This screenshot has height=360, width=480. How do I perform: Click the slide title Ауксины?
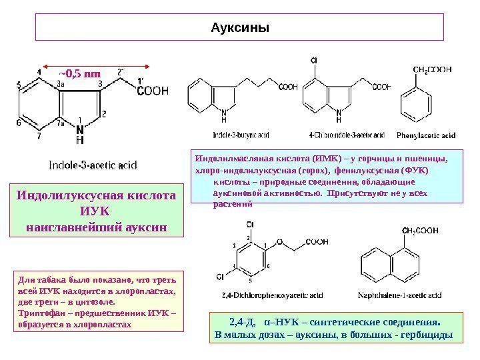click(x=239, y=29)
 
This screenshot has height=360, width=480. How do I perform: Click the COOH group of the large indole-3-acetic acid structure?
click(x=153, y=93)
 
